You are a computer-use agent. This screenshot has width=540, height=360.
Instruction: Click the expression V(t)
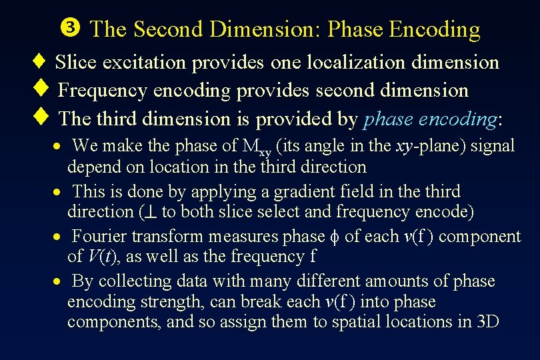coord(101,257)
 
